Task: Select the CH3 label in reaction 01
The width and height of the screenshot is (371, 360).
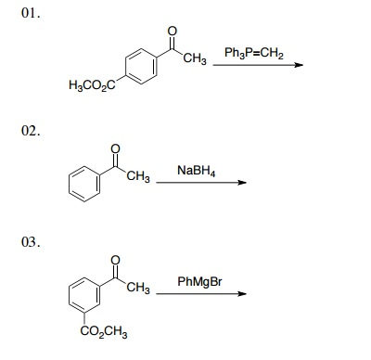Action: click(194, 61)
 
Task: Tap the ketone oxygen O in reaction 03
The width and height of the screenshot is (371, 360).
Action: click(114, 259)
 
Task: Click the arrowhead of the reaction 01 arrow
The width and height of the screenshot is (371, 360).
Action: click(299, 64)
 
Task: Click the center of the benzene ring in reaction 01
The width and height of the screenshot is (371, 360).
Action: click(138, 65)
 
